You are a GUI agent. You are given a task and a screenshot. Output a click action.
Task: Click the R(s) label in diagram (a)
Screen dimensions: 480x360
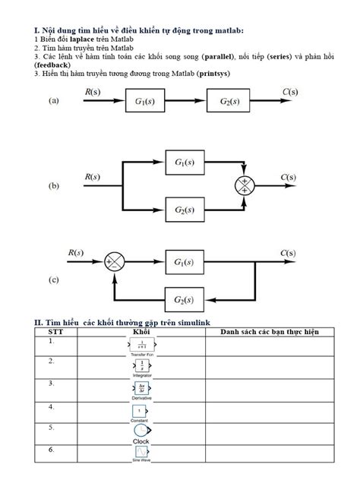(x=91, y=91)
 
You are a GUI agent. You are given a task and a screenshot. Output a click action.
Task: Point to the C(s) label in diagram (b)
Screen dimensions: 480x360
(x=288, y=177)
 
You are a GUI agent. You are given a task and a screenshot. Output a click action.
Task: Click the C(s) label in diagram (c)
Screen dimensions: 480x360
(x=288, y=253)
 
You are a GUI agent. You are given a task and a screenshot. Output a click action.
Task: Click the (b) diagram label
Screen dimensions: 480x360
(x=54, y=185)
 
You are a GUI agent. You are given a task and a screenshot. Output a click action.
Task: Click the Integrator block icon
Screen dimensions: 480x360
(x=141, y=367)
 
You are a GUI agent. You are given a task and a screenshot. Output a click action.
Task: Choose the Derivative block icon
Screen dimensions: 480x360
(x=141, y=389)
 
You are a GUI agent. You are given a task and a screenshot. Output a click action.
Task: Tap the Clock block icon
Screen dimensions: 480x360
(x=141, y=430)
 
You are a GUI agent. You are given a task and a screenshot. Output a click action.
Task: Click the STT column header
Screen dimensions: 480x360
(x=56, y=332)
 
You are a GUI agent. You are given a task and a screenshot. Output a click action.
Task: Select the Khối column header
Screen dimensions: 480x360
(x=141, y=332)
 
